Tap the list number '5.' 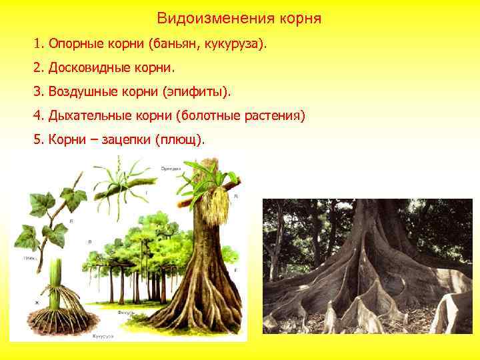38,140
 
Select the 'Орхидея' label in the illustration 170,169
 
